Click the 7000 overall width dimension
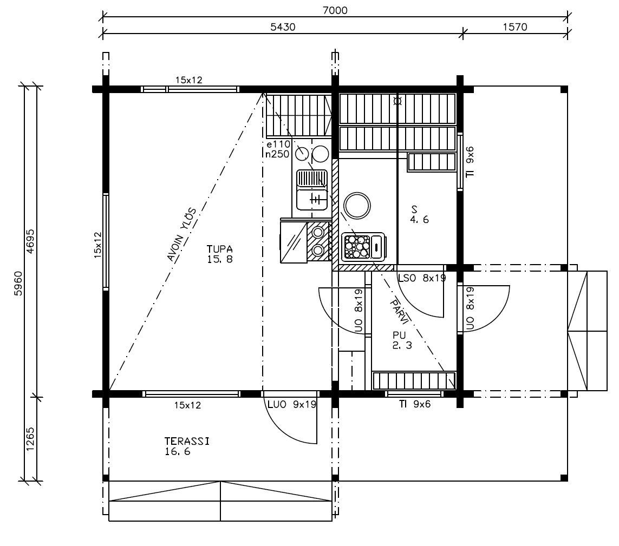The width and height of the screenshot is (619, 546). tap(335, 10)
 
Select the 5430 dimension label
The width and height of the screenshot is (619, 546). tap(283, 27)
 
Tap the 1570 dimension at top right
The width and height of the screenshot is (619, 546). tap(515, 27)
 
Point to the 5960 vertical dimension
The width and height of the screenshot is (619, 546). tap(18, 283)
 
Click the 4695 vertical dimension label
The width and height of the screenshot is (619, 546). tap(30, 241)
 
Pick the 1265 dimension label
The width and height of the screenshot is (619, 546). tap(30, 439)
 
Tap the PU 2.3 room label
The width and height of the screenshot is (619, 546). tap(402, 340)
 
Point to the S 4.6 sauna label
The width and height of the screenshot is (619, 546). tap(419, 215)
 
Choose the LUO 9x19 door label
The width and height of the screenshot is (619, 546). tap(292, 404)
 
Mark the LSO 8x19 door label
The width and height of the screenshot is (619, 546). tap(422, 278)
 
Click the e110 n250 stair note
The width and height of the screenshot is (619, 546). tap(277, 149)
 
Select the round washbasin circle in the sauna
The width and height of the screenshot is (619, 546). tap(357, 206)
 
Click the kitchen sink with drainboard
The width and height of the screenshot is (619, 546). tap(312, 190)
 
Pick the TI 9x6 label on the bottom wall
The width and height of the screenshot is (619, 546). tap(414, 404)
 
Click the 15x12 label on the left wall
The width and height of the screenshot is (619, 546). tap(97, 245)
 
